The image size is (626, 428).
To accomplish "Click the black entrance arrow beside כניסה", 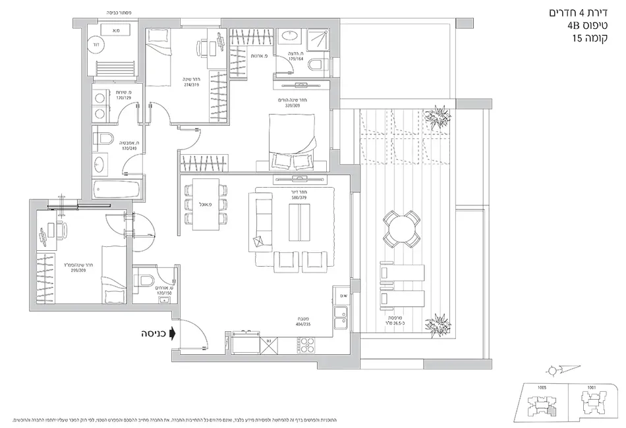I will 173,334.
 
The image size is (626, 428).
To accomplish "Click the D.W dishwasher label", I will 343,296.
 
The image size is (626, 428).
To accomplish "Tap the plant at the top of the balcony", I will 435,120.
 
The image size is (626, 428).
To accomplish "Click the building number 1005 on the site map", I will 542,388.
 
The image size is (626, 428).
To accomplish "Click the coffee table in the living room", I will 300,223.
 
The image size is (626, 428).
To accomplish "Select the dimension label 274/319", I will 192,84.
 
